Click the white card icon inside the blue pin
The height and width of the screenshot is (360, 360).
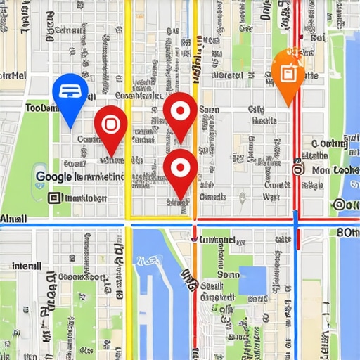[x=70, y=89]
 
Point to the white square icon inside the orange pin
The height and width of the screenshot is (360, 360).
[x=288, y=72]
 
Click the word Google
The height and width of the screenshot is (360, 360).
[x=53, y=177]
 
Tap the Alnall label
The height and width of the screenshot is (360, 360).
[x=13, y=219]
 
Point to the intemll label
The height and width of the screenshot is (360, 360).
[x=27, y=266]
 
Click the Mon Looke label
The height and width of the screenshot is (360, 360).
[x=335, y=170]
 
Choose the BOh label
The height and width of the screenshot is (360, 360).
[x=348, y=233]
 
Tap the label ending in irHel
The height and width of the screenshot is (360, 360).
[x=14, y=75]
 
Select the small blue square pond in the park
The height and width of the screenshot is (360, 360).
[x=253, y=280]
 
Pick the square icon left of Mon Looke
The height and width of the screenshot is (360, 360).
[x=298, y=169]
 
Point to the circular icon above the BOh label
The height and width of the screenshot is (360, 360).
[x=340, y=205]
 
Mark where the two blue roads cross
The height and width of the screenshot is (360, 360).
[x=296, y=224]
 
